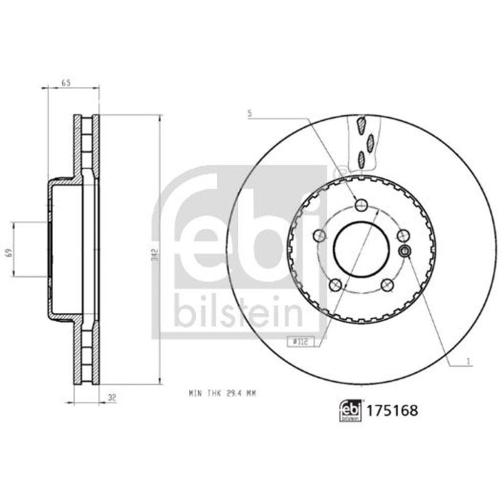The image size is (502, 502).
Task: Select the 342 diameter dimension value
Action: [x=156, y=255]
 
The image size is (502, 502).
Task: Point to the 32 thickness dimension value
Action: [x=112, y=398]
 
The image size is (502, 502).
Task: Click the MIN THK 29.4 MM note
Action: [x=222, y=394]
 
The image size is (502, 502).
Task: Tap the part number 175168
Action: [x=393, y=411]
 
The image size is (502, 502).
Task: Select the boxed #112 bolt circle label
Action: [x=299, y=342]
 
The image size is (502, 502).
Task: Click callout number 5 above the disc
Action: [x=249, y=113]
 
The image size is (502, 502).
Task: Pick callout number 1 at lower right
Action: [x=468, y=361]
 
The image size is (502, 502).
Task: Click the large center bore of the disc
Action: [x=361, y=248]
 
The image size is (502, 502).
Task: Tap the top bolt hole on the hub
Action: [x=361, y=205]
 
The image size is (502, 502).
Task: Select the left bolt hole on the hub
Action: [x=319, y=235]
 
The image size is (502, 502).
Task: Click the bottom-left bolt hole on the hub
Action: [x=335, y=285]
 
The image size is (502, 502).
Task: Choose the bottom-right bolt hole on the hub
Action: [x=387, y=285]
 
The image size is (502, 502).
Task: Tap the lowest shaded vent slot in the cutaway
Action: [x=361, y=159]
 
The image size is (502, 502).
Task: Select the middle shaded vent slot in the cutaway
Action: [x=370, y=143]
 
